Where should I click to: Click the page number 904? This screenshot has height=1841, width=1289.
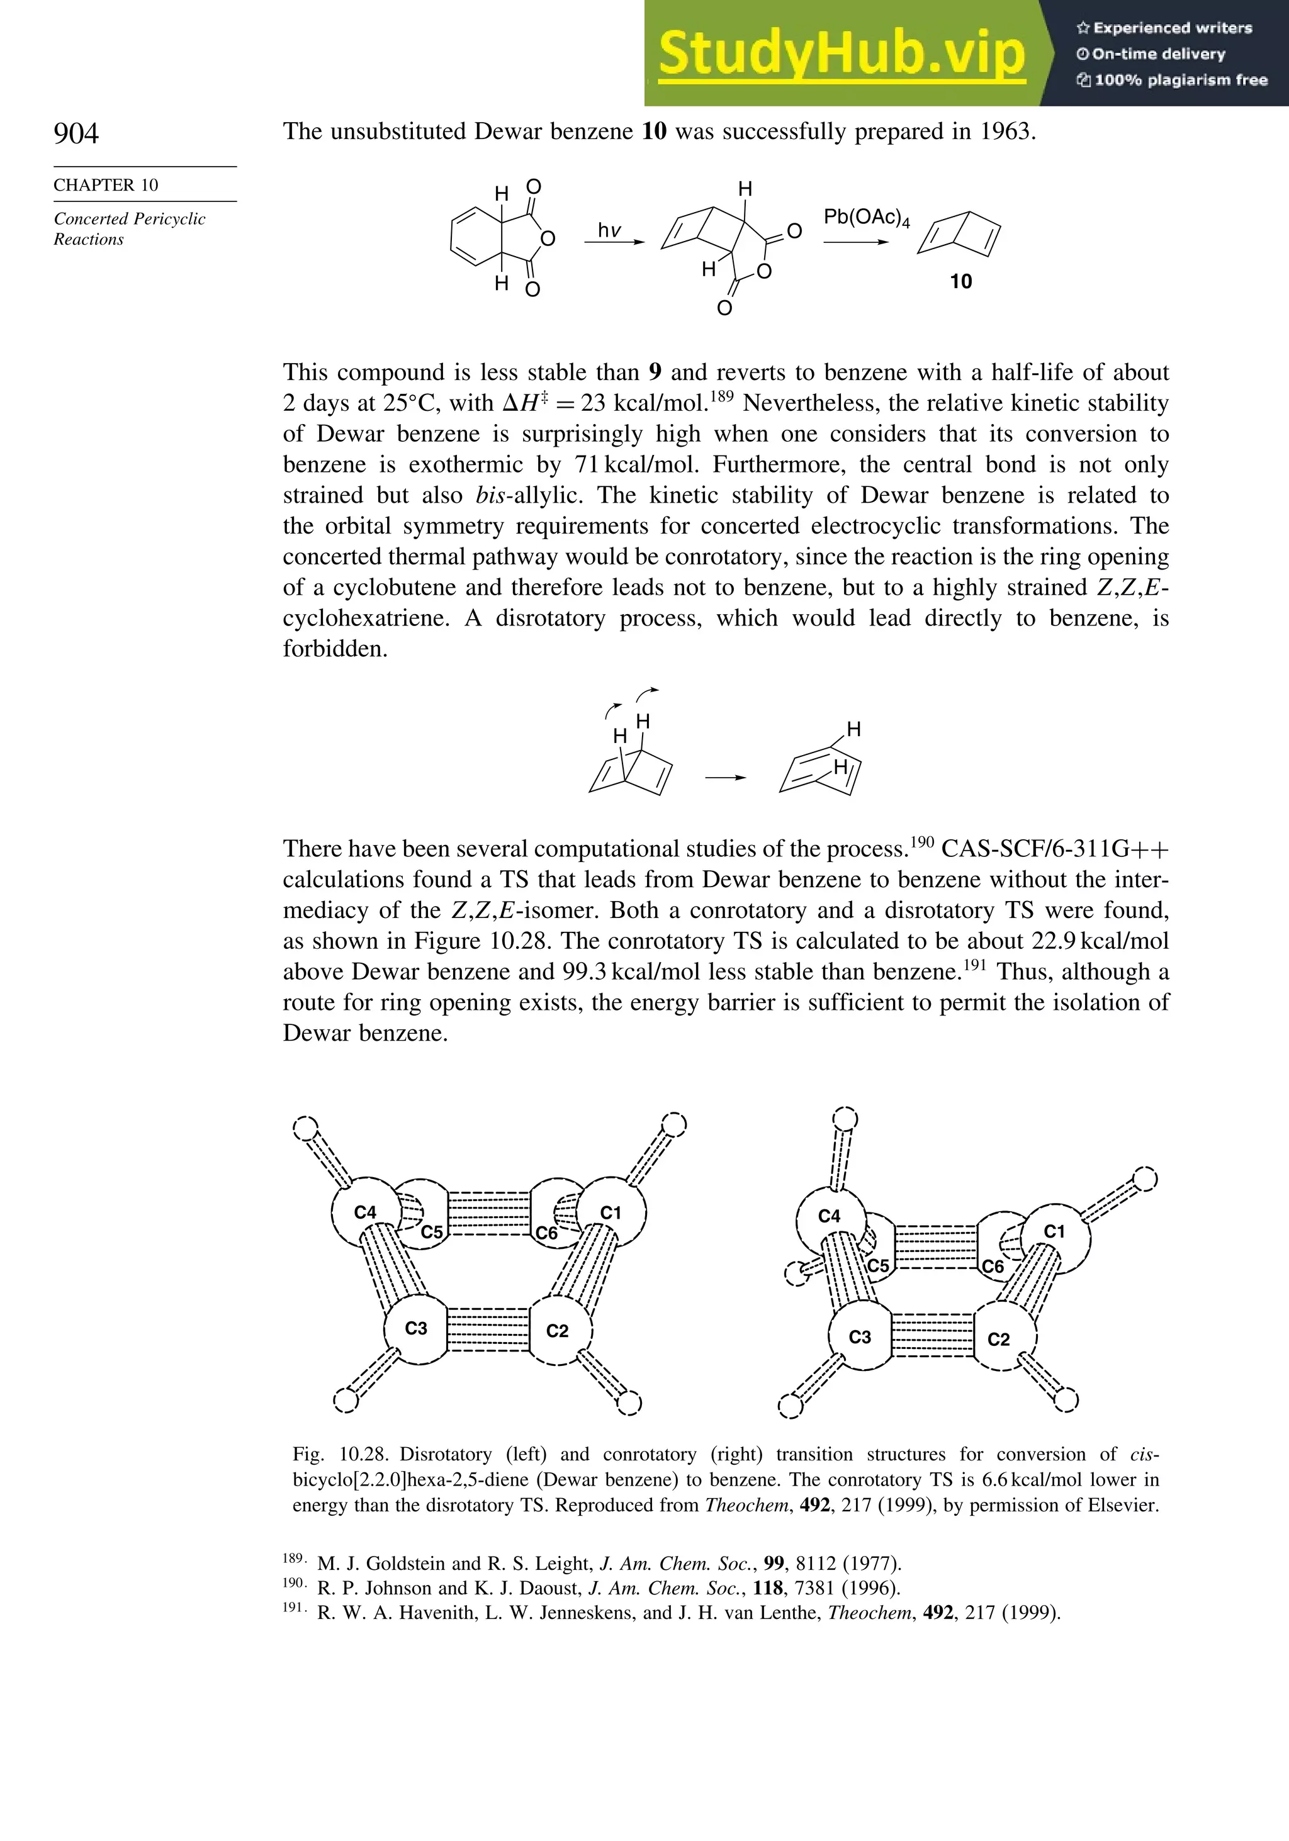pyautogui.click(x=76, y=133)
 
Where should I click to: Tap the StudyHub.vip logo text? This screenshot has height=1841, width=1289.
pyautogui.click(x=842, y=53)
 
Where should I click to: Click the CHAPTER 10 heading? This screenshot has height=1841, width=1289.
pyautogui.click(x=106, y=185)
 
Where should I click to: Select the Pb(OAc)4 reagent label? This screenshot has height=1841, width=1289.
pyautogui.click(x=866, y=217)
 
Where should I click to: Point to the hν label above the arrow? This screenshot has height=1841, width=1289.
pyautogui.click(x=610, y=231)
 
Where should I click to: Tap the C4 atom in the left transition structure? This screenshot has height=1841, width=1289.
pyautogui.click(x=365, y=1212)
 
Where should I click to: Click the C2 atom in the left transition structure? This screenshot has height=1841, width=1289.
pyautogui.click(x=558, y=1331)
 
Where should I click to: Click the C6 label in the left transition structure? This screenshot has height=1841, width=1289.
pyautogui.click(x=547, y=1233)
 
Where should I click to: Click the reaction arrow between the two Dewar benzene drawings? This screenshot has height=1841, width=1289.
pyautogui.click(x=725, y=778)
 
